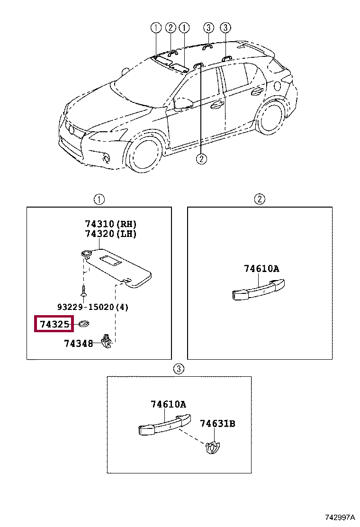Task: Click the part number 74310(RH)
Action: [x=111, y=224]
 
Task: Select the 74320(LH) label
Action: [x=111, y=234]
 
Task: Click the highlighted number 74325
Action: [x=54, y=325]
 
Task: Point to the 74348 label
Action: [x=79, y=344]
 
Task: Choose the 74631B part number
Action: [x=217, y=423]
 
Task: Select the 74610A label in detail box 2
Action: [x=261, y=269]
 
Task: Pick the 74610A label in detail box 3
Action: [x=168, y=404]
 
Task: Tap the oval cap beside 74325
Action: [x=84, y=324]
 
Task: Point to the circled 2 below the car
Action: [x=201, y=159]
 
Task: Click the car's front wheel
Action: [x=146, y=154]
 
